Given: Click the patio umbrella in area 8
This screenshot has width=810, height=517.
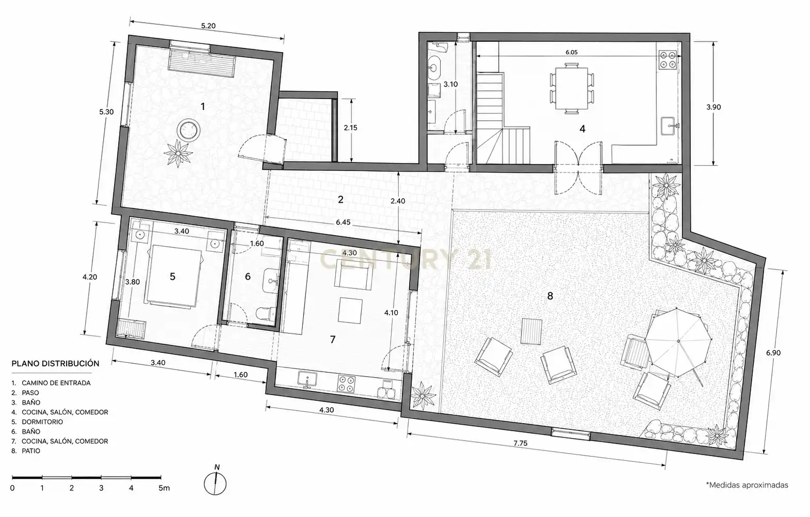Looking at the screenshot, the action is [678, 341].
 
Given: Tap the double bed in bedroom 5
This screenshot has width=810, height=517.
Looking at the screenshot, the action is [173, 277].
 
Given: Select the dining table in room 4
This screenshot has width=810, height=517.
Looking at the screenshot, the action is [572, 88].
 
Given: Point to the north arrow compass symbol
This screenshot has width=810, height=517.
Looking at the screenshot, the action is [215, 480].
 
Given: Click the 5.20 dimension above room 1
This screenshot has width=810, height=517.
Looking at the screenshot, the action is [208, 26].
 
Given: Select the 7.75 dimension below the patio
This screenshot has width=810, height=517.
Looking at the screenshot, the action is [521, 443].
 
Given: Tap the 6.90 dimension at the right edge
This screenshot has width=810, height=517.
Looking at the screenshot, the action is [773, 353].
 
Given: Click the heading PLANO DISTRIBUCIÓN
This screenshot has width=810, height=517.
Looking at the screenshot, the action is [55, 364].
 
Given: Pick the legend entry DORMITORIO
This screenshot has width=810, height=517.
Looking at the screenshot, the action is [42, 422].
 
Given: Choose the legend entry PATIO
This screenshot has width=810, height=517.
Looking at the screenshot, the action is [31, 451].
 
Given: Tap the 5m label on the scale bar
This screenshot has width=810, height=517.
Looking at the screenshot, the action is [164, 488].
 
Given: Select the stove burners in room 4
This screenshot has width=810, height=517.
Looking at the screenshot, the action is [668, 60].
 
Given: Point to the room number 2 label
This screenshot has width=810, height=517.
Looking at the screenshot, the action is [341, 200].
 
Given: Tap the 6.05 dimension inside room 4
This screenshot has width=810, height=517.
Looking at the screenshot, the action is [571, 52].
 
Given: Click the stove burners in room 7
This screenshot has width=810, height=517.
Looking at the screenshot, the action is [346, 384].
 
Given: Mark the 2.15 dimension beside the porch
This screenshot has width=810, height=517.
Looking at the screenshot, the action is [350, 127].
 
